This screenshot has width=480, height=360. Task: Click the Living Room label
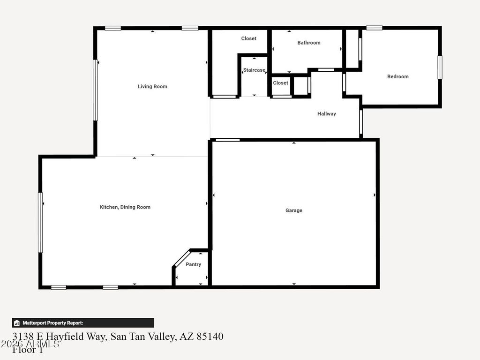point(152,86)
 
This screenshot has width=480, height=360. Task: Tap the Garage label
point(294,210)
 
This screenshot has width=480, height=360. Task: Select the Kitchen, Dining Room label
point(125,207)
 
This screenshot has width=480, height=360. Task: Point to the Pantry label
point(193,264)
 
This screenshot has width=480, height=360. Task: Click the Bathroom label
point(309,43)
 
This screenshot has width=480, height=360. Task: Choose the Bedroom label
point(397,76)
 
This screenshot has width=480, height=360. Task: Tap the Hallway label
point(326,113)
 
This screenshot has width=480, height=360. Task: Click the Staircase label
point(254,70)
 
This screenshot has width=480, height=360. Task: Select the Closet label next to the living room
point(248,38)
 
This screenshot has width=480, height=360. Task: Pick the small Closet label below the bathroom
point(280,83)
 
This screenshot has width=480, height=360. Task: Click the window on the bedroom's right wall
point(440,67)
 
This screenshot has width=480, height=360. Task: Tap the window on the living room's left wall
point(95,90)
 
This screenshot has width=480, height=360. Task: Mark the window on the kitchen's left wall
point(40,223)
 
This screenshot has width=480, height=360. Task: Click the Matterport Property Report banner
point(83,322)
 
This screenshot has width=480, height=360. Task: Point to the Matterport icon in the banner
point(17,323)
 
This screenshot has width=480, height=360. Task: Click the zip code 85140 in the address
point(210,337)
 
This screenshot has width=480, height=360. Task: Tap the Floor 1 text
point(28,350)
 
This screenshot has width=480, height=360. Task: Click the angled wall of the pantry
point(181,258)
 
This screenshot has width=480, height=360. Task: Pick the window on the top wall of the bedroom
point(374,28)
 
